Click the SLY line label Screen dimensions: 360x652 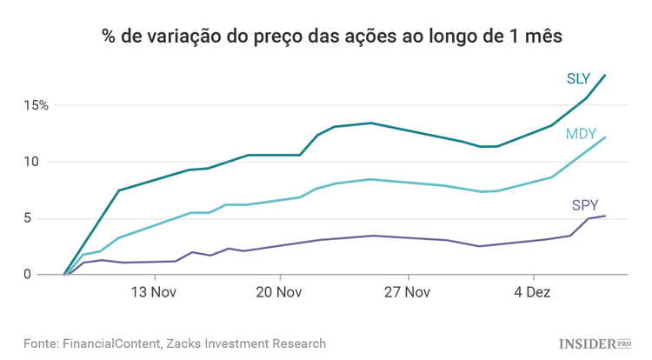click(578, 79)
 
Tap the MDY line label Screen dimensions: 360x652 click(580, 134)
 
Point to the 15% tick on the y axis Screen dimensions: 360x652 click(37, 105)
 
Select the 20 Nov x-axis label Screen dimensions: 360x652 click(280, 292)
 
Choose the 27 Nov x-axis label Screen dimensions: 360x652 click(406, 292)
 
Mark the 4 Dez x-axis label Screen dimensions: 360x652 click(532, 292)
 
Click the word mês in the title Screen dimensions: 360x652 click(543, 37)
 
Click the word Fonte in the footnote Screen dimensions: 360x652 click(41, 343)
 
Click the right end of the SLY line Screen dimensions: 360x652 click(605, 76)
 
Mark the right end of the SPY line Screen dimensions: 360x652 click(605, 216)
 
